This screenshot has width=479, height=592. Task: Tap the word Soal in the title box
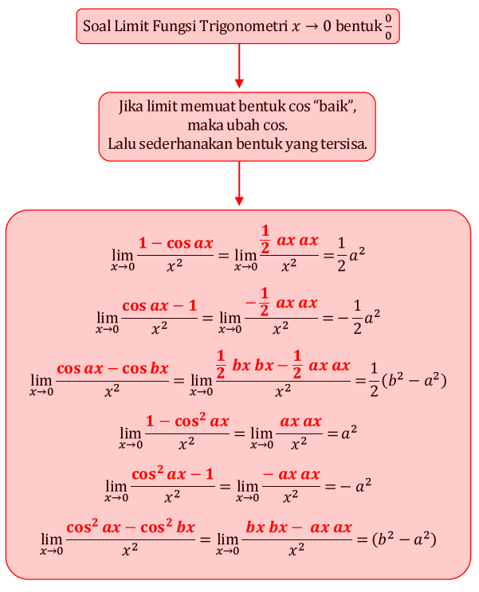point(99,26)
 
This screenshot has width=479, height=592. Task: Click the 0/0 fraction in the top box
point(388,27)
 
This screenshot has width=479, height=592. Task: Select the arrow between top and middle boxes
point(239,65)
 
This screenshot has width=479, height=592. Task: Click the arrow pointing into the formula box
point(239,183)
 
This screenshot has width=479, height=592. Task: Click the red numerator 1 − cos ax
point(176,244)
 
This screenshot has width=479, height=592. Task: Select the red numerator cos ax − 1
point(159,306)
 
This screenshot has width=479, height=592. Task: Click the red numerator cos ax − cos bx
point(112,368)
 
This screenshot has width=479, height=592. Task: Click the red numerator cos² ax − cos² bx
point(131,527)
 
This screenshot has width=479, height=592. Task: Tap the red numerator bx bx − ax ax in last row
point(299,527)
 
